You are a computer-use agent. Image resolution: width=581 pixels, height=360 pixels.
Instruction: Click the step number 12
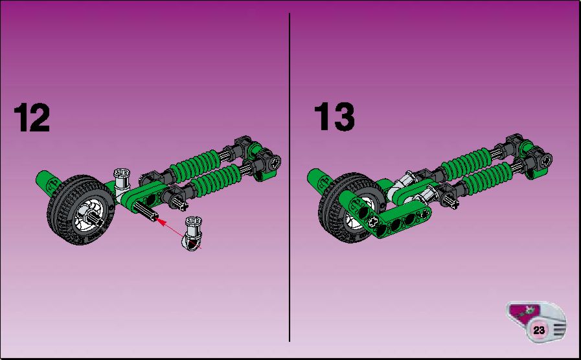coord(32,117)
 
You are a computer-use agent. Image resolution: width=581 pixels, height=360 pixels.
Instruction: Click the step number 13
coord(334,117)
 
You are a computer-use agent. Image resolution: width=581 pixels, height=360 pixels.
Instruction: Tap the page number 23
coord(539,330)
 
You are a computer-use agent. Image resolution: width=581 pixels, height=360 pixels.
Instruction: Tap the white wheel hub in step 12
coord(89,214)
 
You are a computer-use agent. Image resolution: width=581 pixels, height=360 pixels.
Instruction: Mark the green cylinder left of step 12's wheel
coord(47,183)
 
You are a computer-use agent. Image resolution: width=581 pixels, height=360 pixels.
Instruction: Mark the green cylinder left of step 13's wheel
coord(319,181)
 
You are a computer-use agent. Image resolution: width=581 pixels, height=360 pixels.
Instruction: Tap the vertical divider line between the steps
coord(290,177)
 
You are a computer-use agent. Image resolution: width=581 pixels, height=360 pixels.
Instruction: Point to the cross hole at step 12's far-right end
coord(274,163)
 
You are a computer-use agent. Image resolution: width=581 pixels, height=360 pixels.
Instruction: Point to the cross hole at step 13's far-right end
coord(546,161)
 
